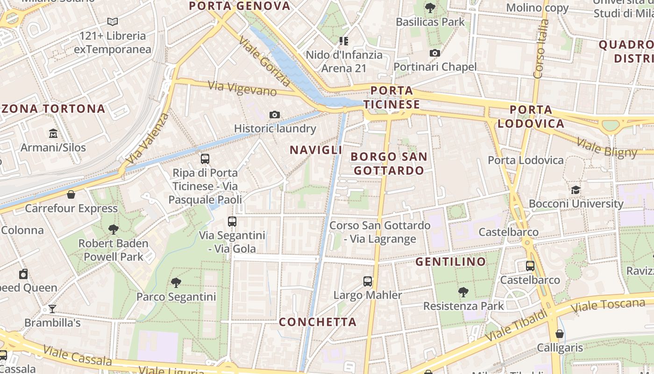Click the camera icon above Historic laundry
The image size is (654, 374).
[x=275, y=115]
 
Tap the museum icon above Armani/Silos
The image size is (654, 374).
[x=53, y=134]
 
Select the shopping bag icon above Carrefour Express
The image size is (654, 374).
[x=71, y=194]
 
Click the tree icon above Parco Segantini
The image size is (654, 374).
[x=176, y=282]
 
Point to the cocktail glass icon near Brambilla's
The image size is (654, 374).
[x=52, y=309]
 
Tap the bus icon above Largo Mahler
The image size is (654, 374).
[x=368, y=281]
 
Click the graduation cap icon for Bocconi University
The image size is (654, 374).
[x=576, y=190]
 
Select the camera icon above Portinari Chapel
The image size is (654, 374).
[x=435, y=53]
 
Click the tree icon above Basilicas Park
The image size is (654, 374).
[x=430, y=8]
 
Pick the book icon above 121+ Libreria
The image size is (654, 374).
[x=113, y=22]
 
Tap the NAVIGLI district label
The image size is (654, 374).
[x=316, y=150]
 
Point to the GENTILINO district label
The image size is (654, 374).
[x=451, y=262]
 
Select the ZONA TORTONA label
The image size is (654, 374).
[x=53, y=109]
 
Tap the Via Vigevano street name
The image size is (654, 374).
[x=242, y=88]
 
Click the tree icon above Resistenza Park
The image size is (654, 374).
[x=463, y=292]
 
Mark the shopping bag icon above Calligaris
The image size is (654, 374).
[x=559, y=334]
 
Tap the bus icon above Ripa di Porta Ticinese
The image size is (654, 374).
[x=205, y=159]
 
